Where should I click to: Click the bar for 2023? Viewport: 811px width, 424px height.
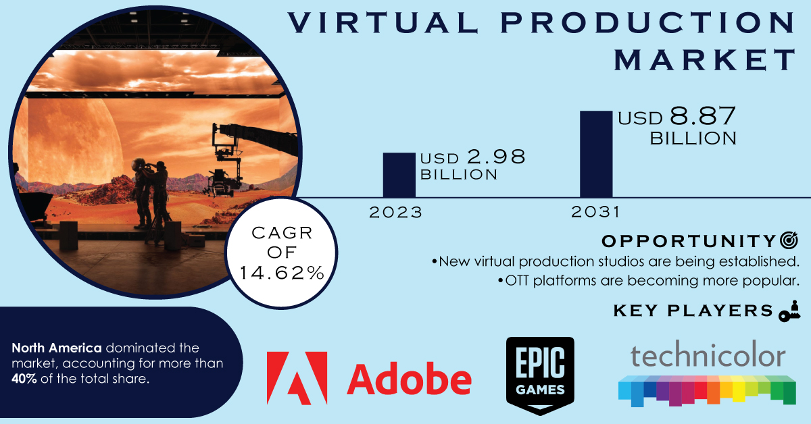399,175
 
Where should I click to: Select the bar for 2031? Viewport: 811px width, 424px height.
596,154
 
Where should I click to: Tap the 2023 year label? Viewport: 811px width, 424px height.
395,213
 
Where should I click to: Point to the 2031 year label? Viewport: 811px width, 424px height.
595,212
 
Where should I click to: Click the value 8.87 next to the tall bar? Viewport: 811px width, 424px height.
702,116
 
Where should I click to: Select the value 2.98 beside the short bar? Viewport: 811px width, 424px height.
496,157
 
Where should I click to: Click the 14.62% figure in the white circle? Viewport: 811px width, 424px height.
282,273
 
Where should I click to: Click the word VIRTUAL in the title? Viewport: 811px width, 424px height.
383,22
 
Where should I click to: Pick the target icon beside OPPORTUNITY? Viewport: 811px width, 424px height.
789,240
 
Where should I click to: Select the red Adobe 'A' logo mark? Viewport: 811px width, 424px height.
297,378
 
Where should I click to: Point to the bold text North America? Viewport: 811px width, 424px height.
57,348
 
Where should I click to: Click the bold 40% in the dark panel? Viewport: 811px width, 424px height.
24,379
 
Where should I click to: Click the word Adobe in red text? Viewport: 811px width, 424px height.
409,379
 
